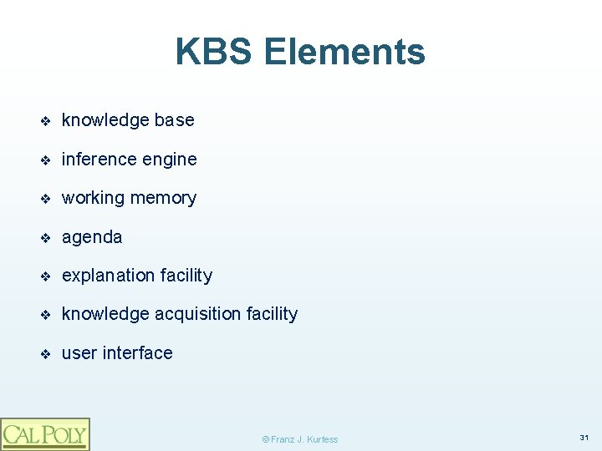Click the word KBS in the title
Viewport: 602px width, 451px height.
(x=214, y=52)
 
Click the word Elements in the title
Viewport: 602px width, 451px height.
(x=344, y=52)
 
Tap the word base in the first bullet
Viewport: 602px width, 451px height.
(x=174, y=120)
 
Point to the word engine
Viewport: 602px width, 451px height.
(x=171, y=160)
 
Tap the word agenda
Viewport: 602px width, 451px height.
(x=92, y=237)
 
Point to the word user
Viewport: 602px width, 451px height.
(x=79, y=353)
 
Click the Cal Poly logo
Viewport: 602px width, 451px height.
(x=44, y=433)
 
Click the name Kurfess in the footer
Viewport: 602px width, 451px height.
(x=321, y=439)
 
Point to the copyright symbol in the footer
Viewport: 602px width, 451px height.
(x=266, y=439)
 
